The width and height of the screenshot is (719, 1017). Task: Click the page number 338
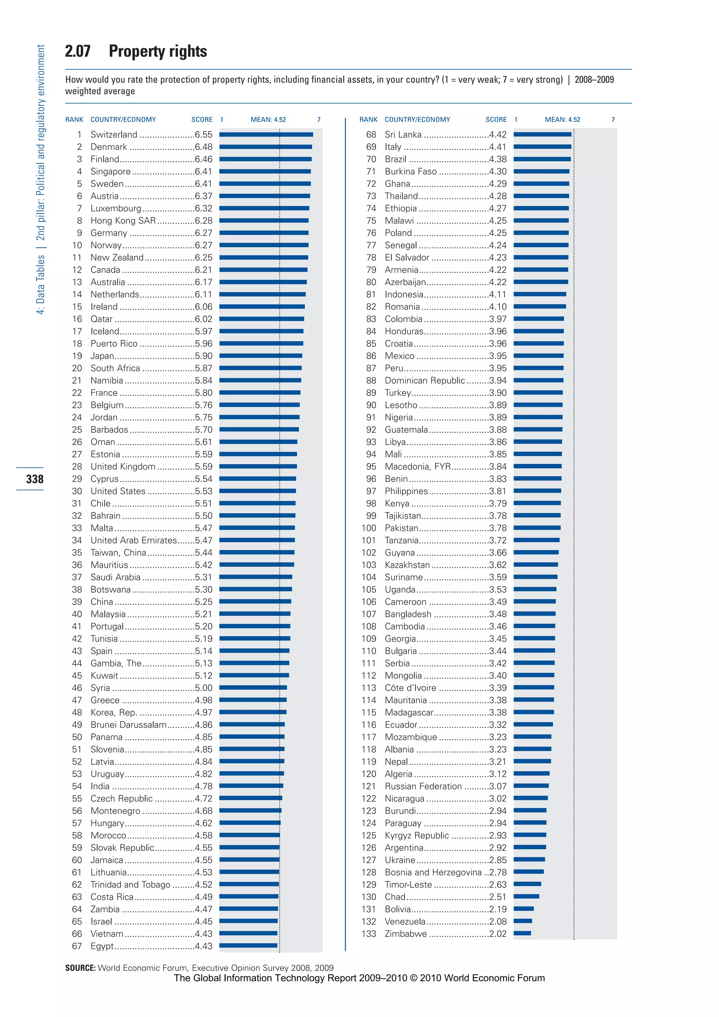[34, 479]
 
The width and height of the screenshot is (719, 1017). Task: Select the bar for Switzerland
[266, 134]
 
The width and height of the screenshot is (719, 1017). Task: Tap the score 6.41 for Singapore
[203, 171]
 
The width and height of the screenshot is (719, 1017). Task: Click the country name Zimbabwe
[405, 934]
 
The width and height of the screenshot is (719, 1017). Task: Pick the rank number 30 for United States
[77, 491]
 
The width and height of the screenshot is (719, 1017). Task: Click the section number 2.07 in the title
[78, 51]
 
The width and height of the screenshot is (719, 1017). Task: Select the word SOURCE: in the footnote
[80, 968]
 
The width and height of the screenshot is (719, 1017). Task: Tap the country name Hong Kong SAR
[123, 221]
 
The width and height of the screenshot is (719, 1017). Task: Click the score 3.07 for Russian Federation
[497, 786]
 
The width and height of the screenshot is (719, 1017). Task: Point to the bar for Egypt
[248, 946]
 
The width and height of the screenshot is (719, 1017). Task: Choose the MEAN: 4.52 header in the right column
[562, 120]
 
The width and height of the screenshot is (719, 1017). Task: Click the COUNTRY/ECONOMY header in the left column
[123, 120]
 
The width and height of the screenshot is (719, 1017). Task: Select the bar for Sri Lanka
[542, 134]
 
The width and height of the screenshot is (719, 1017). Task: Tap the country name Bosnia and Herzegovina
[433, 872]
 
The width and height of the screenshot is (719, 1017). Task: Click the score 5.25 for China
[203, 602]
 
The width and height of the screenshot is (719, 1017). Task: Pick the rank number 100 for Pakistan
[368, 528]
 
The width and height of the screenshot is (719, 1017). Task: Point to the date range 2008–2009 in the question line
[594, 80]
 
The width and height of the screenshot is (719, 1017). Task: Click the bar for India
[251, 786]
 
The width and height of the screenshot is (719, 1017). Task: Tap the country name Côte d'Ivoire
[410, 688]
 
